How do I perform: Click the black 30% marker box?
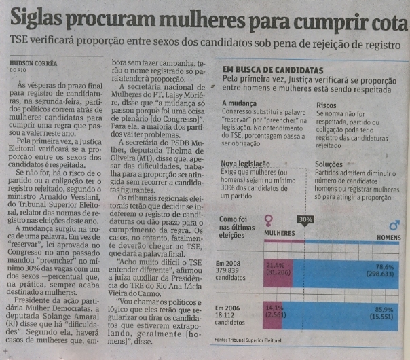coord(305,219)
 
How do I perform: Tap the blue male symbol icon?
coord(392,225)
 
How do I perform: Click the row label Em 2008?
coord(228,262)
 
